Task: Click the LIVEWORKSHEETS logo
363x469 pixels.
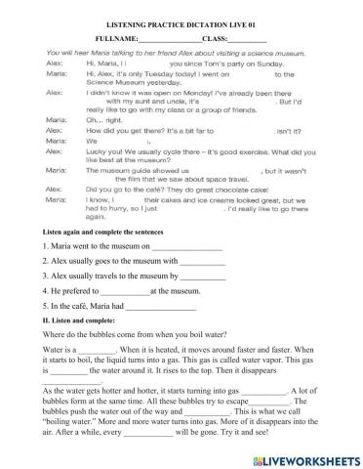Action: point(305,457)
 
